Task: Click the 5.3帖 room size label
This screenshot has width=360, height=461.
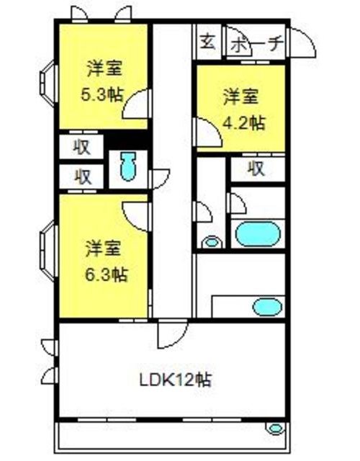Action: (102, 95)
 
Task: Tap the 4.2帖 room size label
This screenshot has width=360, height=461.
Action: (244, 123)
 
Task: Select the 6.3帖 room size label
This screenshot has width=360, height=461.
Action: (107, 274)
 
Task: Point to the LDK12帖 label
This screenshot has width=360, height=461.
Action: (175, 380)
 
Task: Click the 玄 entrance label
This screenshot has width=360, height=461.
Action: (208, 42)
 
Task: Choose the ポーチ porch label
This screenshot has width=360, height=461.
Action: (256, 45)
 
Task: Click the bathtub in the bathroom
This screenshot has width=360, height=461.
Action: (258, 234)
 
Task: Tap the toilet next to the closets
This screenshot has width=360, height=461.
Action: (128, 166)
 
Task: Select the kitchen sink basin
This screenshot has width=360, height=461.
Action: (267, 307)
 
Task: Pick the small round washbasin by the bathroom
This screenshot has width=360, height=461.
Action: (211, 242)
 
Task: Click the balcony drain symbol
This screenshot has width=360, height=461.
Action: (275, 429)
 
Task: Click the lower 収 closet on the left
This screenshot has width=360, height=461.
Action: (81, 176)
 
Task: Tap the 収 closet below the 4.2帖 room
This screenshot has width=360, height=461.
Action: (258, 169)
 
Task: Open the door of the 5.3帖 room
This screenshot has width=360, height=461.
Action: (137, 104)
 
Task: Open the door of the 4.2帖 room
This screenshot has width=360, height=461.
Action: (208, 132)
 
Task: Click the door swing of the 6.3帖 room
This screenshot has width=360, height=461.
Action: (137, 217)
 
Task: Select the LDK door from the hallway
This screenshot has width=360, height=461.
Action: (173, 334)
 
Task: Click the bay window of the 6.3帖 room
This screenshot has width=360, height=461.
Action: (48, 250)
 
